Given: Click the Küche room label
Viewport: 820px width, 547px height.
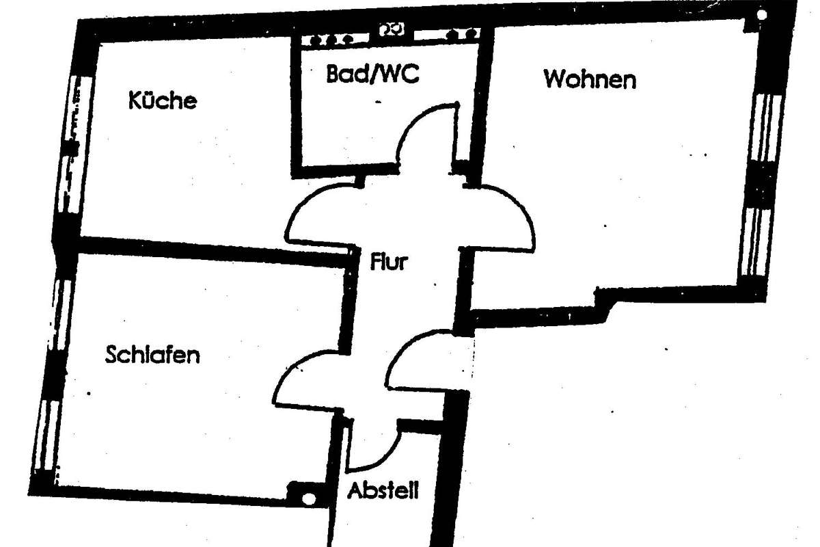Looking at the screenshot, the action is [x=163, y=101].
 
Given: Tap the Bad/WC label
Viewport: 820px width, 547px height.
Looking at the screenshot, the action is [x=372, y=74].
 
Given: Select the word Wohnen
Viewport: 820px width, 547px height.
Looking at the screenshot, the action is [x=589, y=79].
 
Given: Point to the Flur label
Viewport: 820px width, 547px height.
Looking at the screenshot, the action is [x=387, y=261].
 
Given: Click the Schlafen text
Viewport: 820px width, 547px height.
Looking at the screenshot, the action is [x=152, y=355].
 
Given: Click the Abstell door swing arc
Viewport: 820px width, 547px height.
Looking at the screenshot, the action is [x=383, y=451].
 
